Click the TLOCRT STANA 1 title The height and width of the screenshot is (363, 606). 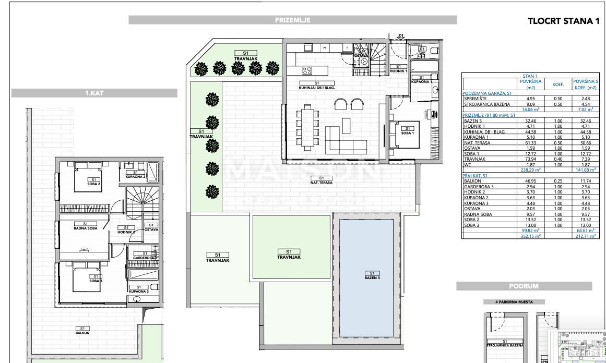click(x=563, y=21)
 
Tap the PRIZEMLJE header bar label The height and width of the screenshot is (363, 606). click(x=293, y=20)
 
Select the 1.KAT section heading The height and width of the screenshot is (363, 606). click(x=94, y=93)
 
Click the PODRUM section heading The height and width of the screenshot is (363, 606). click(x=524, y=286)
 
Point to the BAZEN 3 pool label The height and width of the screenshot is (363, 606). click(x=372, y=277)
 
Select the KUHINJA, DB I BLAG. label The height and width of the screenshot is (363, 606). click(x=316, y=88)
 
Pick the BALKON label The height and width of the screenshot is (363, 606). click(x=82, y=332)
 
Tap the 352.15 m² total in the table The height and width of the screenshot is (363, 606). click(x=530, y=236)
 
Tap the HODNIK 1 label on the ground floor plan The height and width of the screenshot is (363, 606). click(x=398, y=69)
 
